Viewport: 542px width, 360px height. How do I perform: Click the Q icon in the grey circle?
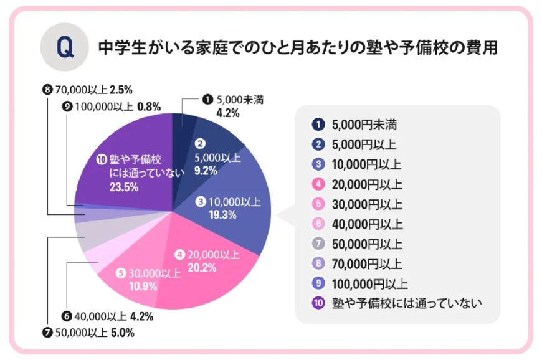coord(64,48)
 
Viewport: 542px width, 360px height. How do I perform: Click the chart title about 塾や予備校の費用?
coord(298,49)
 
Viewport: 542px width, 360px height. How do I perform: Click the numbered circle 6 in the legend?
coord(318,224)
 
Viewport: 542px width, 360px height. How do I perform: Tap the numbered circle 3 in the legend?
coord(318,164)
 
